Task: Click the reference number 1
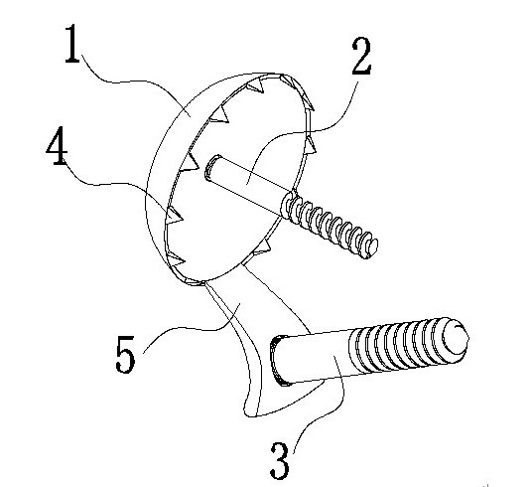click(x=71, y=44)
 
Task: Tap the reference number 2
click(x=361, y=56)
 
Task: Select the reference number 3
click(x=280, y=461)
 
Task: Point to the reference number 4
click(x=57, y=146)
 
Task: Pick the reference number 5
click(x=125, y=354)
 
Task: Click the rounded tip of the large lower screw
click(x=457, y=337)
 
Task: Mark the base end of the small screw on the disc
click(x=211, y=167)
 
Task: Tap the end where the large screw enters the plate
click(x=279, y=361)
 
